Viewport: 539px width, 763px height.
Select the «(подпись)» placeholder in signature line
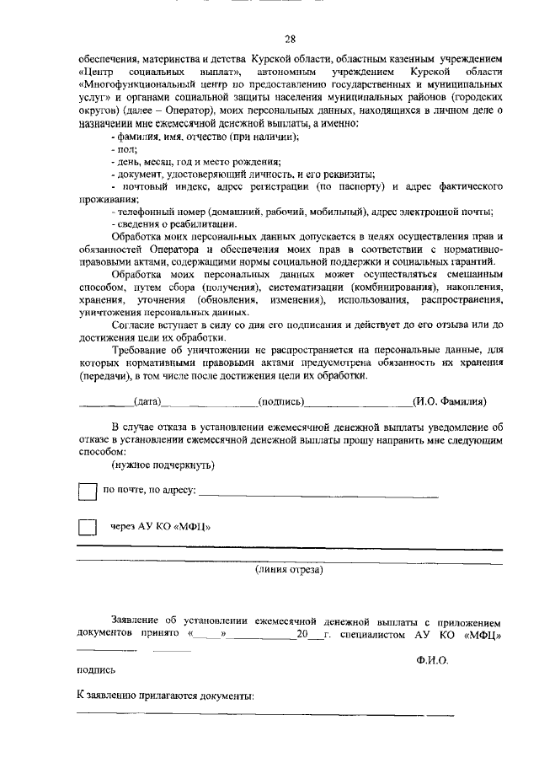pos(281,401)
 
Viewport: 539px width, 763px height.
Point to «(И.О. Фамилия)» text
pos(450,401)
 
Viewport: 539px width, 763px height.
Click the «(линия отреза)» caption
pos(289,570)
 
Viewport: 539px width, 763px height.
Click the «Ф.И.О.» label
pos(432,660)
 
